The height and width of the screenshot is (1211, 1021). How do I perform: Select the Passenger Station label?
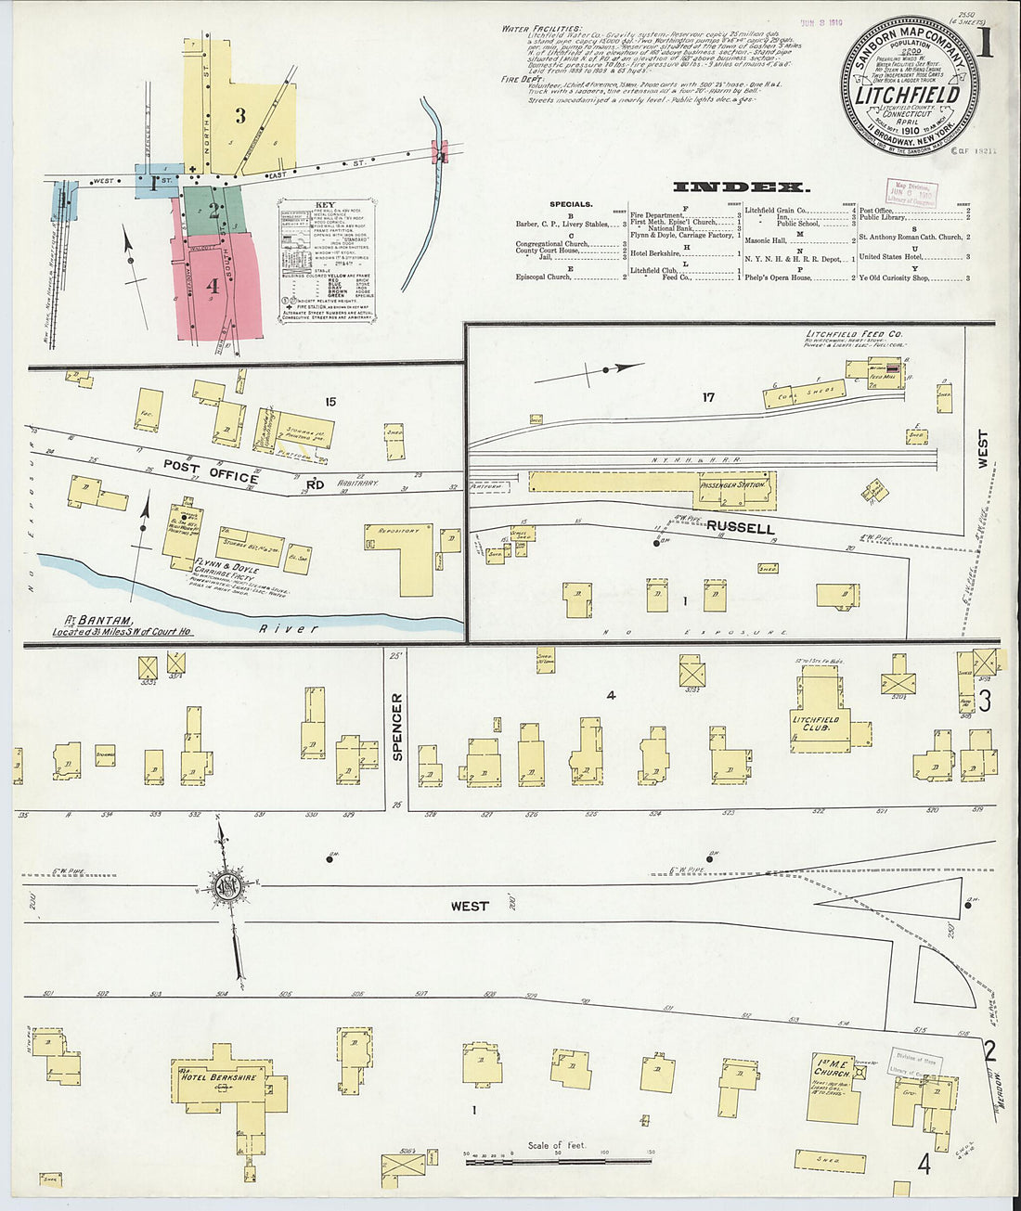point(733,484)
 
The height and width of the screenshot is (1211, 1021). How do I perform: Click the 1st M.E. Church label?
point(833,1066)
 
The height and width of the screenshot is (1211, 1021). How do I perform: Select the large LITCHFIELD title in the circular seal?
point(907,96)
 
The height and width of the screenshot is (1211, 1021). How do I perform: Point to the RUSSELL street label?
point(740,528)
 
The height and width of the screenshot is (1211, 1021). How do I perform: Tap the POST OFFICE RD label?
point(223,476)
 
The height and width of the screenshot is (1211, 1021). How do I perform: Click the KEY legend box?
point(326,249)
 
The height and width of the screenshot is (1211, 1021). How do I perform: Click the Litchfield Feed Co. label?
point(843,334)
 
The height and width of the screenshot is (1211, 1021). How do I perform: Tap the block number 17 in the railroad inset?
point(708,398)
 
